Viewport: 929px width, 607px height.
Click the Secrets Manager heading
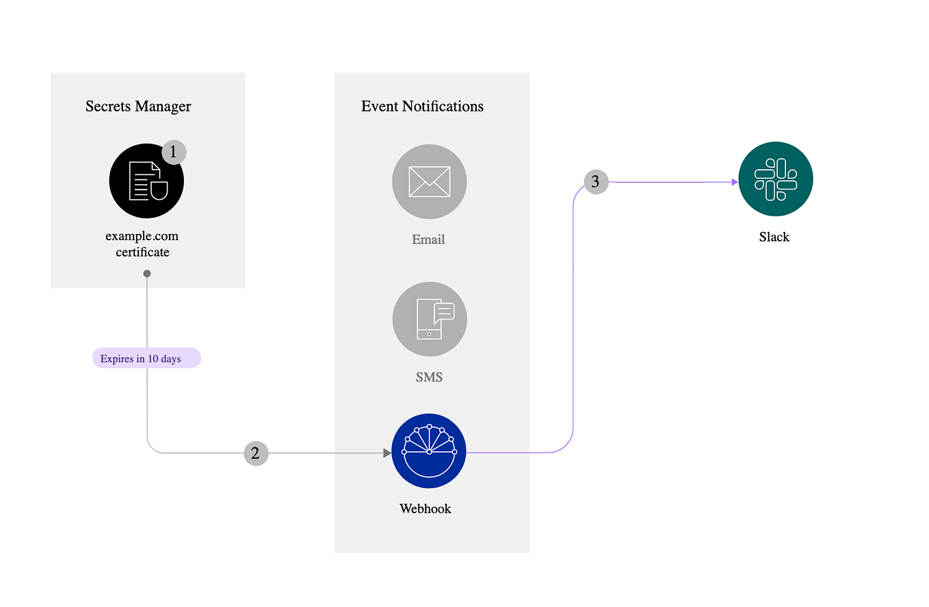click(x=138, y=106)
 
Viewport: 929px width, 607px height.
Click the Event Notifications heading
click(x=422, y=106)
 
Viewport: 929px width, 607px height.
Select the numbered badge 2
click(x=256, y=453)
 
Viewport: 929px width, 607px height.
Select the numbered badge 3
click(x=595, y=182)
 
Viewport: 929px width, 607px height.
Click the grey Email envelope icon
click(x=429, y=181)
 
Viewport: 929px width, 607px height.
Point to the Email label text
click(x=428, y=240)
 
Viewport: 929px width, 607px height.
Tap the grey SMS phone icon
click(x=429, y=319)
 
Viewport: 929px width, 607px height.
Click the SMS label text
click(x=429, y=376)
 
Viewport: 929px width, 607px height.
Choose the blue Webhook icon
click(x=429, y=451)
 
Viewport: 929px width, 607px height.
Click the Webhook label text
click(x=426, y=508)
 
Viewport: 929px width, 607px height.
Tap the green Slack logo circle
click(x=775, y=179)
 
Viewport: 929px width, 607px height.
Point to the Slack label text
click(x=774, y=237)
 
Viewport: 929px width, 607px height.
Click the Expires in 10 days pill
click(x=146, y=359)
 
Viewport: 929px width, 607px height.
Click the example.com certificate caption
click(x=142, y=244)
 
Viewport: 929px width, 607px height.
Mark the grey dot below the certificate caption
click(x=146, y=274)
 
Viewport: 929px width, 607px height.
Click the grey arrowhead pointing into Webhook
click(x=387, y=453)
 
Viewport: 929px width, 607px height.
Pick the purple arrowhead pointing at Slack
click(x=734, y=182)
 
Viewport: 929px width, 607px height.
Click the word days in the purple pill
click(x=170, y=359)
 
